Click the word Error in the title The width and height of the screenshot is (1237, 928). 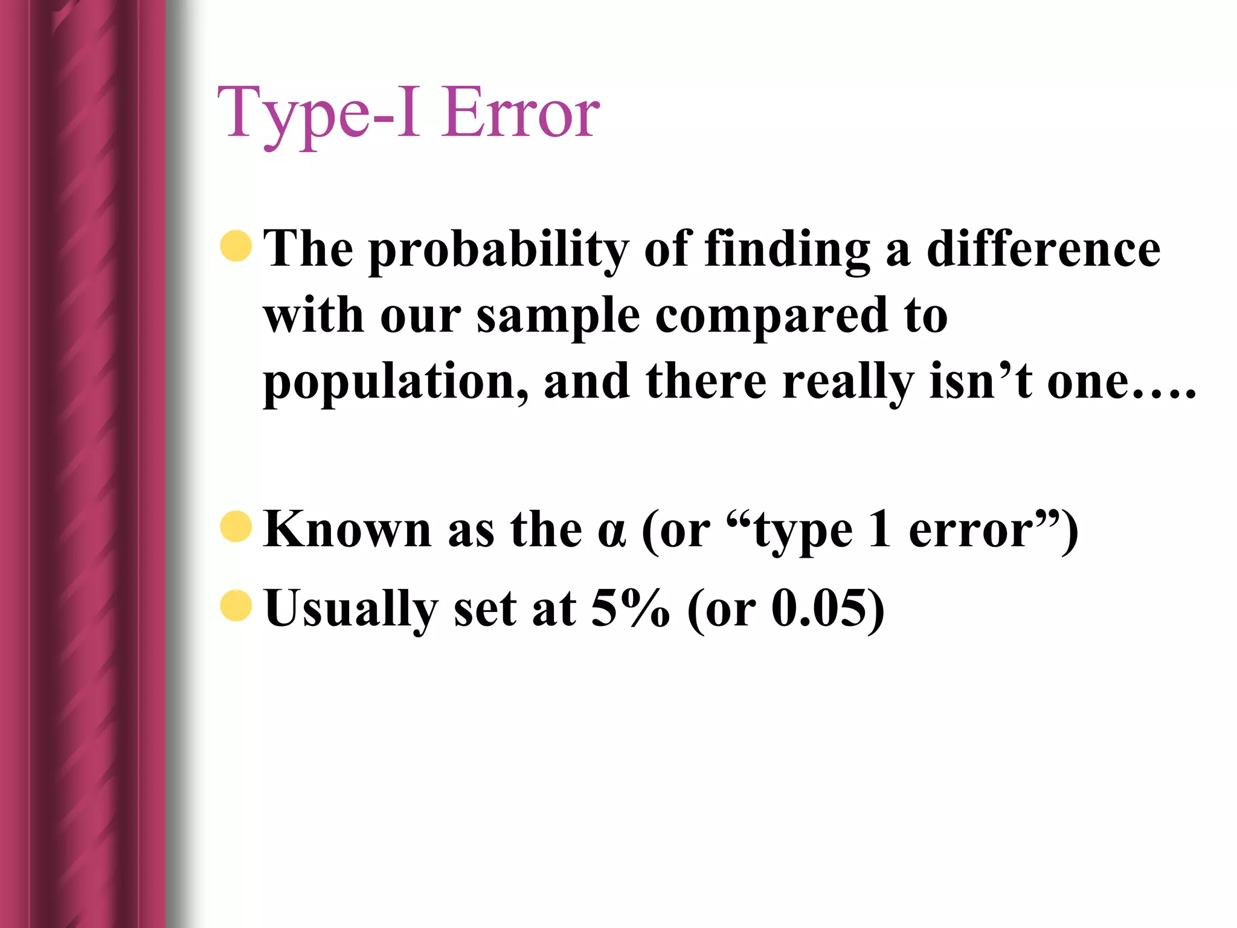click(520, 113)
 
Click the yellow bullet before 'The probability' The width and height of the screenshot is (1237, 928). click(236, 246)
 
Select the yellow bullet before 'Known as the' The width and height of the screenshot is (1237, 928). click(236, 526)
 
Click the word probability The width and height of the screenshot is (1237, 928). click(498, 250)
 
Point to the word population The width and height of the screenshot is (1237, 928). click(396, 383)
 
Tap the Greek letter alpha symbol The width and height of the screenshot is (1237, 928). click(611, 532)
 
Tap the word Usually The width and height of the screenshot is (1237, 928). click(351, 609)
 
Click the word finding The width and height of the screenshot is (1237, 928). click(787, 250)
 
